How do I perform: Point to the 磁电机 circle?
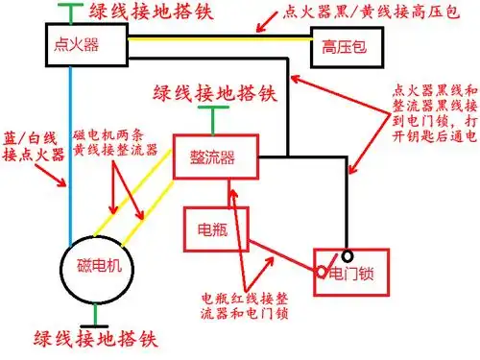click(95, 266)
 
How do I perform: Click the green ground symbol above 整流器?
click(204, 120)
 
